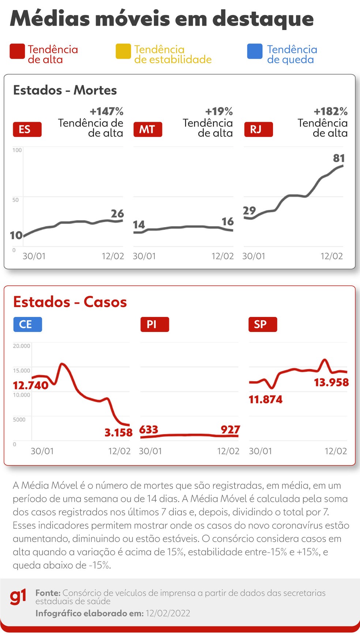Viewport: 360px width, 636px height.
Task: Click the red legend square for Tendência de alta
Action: click(x=17, y=51)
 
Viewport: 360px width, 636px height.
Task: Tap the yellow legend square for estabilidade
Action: click(x=123, y=51)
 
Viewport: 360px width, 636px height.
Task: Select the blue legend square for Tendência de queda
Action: click(x=255, y=51)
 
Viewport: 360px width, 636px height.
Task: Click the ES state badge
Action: click(x=27, y=130)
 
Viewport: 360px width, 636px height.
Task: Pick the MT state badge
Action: click(x=147, y=130)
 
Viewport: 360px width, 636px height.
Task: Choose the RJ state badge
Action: click(x=258, y=130)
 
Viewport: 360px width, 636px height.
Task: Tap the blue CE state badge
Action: click(x=27, y=324)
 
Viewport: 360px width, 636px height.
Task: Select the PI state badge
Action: click(x=154, y=324)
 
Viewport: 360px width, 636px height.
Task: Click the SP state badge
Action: click(x=262, y=324)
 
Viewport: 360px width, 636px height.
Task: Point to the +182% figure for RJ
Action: click(x=330, y=111)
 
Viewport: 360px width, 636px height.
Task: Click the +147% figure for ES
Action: click(x=106, y=111)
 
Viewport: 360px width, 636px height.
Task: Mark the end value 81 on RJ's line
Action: click(x=339, y=158)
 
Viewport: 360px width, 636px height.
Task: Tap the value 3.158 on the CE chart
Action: click(x=118, y=433)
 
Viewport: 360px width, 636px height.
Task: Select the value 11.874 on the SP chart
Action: click(x=266, y=399)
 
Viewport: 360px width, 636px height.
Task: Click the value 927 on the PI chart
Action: click(x=230, y=429)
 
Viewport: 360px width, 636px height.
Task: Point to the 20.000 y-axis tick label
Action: click(x=22, y=346)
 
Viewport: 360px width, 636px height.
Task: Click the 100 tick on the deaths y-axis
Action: click(x=17, y=150)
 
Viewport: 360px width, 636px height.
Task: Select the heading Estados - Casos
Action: click(x=70, y=302)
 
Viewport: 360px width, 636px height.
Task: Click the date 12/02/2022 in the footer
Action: click(x=168, y=613)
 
